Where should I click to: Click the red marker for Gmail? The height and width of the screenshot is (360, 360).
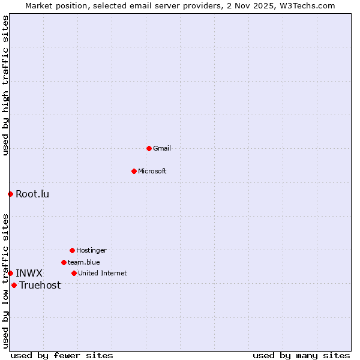coord(149,148)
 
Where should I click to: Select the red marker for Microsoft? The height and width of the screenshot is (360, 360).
coord(134,171)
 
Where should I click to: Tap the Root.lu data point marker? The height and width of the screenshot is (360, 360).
coord(10,194)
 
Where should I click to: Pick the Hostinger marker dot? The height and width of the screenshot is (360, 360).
coord(72,250)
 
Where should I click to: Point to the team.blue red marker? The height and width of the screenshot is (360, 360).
coord(64,262)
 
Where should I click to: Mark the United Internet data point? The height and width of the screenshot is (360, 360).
coord(74,273)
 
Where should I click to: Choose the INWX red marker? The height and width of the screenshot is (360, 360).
coord(10,273)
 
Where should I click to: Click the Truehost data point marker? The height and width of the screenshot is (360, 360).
coord(14,285)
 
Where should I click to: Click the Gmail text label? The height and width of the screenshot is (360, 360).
coord(162,148)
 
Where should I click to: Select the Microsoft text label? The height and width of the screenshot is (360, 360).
coord(152,171)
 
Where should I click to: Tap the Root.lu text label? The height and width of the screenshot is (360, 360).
coord(32,194)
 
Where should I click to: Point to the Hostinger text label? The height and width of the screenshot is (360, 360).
coord(91,250)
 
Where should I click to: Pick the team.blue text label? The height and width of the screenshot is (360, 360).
coord(84,262)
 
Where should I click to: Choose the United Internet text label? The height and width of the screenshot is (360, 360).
coord(103,273)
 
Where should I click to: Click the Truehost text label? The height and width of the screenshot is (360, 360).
coord(40,285)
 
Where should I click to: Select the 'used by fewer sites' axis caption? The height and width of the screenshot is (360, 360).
coord(62,355)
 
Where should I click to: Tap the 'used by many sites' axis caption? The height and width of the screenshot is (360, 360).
coord(301,355)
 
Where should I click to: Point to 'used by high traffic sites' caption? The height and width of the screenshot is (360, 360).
coord(5,85)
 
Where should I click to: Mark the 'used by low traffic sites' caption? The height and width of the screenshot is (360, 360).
coord(5,281)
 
